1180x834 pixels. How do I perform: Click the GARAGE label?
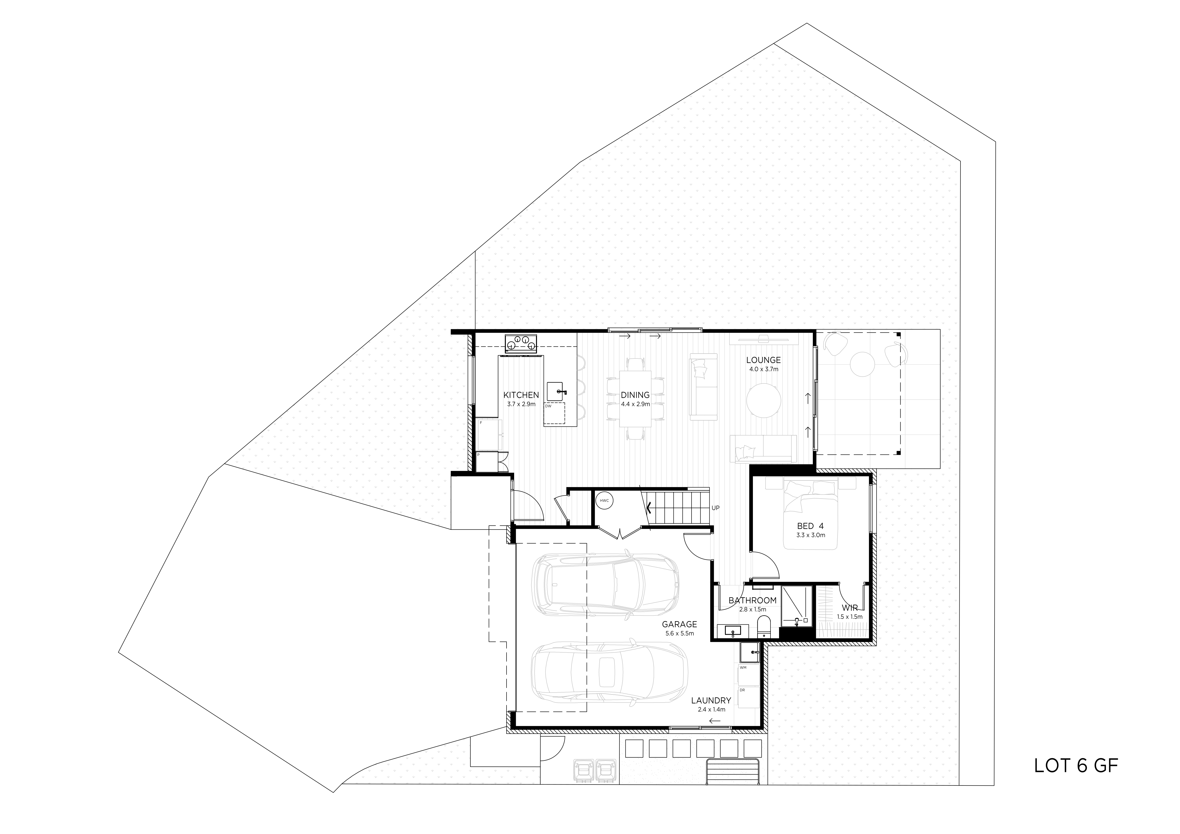[679, 624]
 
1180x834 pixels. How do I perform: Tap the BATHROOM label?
[752, 600]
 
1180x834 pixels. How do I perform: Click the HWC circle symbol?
[604, 500]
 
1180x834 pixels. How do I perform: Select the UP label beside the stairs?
[715, 508]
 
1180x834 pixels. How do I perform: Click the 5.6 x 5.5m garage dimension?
[679, 634]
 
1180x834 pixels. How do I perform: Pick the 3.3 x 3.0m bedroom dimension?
[810, 535]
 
